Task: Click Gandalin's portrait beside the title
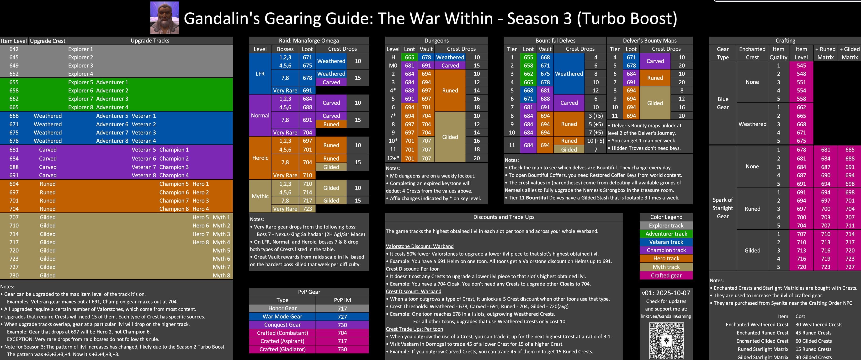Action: pyautogui.click(x=165, y=18)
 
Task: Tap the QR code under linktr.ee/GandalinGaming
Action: pyautogui.click(x=666, y=340)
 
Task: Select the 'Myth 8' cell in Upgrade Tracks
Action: pyautogui.click(x=221, y=275)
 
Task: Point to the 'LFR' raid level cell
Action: pyautogui.click(x=260, y=74)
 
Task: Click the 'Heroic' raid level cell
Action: pyautogui.click(x=260, y=158)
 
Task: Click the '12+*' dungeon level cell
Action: pyautogui.click(x=393, y=158)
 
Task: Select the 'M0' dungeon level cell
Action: pyautogui.click(x=393, y=65)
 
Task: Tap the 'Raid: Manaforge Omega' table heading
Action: pyautogui.click(x=309, y=40)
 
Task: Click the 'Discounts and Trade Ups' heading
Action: pyautogui.click(x=504, y=217)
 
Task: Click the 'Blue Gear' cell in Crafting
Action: pyautogui.click(x=723, y=103)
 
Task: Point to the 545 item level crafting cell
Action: pyautogui.click(x=801, y=65)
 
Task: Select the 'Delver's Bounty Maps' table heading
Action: pyautogui.click(x=649, y=40)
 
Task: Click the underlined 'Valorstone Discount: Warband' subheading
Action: pyautogui.click(x=420, y=246)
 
